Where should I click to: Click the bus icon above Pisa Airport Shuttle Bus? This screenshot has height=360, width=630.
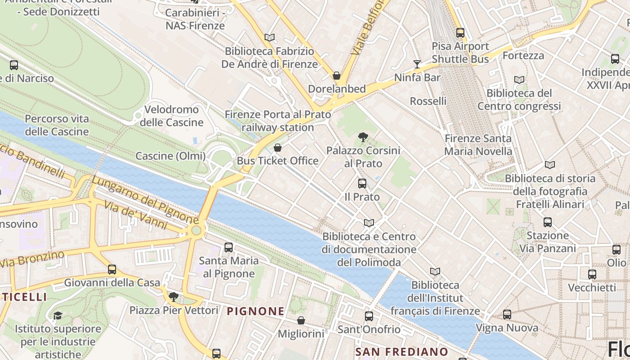point(460,32)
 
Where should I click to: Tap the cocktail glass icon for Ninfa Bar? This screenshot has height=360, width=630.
point(417,64)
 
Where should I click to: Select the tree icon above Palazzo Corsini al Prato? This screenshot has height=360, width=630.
point(363,137)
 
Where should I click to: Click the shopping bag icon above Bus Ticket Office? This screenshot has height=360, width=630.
point(278,148)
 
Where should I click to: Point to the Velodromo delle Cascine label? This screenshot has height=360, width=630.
point(171,116)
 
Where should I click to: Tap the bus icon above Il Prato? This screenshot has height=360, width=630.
point(362,184)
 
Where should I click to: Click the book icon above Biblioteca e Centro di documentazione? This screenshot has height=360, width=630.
point(369,223)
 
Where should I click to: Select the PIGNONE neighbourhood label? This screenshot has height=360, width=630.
point(256,311)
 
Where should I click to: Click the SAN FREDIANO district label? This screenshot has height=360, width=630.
point(401,351)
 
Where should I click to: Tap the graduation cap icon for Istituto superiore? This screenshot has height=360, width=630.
point(58,315)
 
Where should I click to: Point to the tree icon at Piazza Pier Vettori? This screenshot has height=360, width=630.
point(174,297)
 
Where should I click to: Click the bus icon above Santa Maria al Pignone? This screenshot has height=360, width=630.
point(229,247)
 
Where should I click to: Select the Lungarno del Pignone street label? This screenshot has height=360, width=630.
point(145,200)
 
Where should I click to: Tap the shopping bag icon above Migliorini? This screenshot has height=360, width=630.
point(301,320)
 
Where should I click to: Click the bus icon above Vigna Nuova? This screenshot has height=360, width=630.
point(507,315)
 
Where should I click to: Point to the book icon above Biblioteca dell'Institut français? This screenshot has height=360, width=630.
point(435,271)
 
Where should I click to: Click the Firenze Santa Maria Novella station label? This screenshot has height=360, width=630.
point(478,144)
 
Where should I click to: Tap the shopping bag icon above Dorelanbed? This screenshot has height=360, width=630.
point(337,76)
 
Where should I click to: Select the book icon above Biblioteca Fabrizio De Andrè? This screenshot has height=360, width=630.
point(270,37)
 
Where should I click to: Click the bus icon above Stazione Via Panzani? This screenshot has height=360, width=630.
point(548,222)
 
